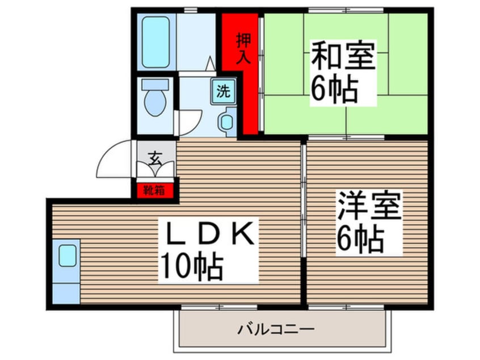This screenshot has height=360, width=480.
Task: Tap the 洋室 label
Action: pos(369,207)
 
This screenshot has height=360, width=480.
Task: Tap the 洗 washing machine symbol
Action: pos(224,91)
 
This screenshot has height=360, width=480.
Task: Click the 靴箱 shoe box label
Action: pos(154,190)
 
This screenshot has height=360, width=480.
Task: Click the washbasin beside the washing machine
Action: pos(226,122)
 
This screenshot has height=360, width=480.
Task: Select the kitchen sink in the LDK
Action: pos(68,256)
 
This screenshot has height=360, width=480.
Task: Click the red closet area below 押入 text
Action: pos(249,102)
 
